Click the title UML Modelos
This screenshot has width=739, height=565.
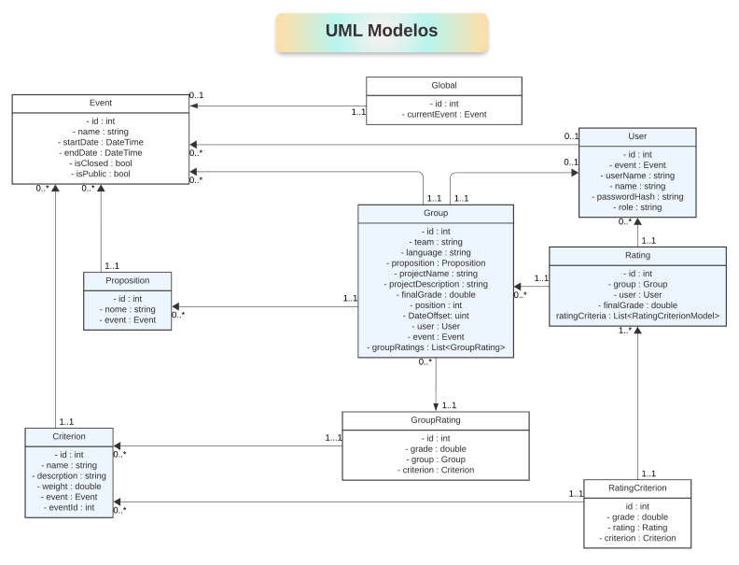(x=381, y=31)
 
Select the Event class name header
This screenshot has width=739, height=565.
(x=100, y=105)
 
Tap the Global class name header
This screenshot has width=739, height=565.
(x=443, y=86)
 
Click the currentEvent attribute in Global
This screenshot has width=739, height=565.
(x=443, y=114)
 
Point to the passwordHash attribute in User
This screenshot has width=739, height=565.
(x=638, y=197)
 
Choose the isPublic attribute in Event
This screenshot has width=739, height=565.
(x=100, y=174)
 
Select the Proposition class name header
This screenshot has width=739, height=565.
(x=128, y=281)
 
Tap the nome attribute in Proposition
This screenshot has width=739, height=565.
(x=128, y=310)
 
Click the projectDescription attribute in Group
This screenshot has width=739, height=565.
(x=436, y=284)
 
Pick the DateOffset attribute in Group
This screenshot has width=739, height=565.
(x=436, y=317)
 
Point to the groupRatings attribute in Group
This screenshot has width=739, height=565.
(x=436, y=348)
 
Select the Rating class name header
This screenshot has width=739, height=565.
(x=637, y=256)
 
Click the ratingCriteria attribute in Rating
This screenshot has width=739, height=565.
(x=637, y=317)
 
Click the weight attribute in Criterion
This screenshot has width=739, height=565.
(x=69, y=486)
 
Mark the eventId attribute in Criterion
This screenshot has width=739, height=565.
(x=69, y=508)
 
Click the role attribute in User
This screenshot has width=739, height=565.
(x=638, y=208)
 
